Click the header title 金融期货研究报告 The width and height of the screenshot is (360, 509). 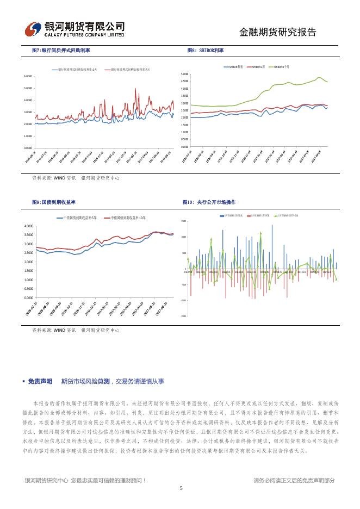[x=277, y=32]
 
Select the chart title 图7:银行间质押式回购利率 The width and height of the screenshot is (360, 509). [x=61, y=50]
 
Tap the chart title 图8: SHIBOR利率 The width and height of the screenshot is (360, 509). [x=205, y=50]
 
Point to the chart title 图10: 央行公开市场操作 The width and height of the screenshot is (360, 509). [x=209, y=202]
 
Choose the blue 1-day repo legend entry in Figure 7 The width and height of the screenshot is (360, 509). [x=76, y=70]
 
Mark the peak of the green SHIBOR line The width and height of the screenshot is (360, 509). [x=319, y=78]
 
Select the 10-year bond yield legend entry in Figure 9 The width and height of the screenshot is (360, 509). [x=128, y=218]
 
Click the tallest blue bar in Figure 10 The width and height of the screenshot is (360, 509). [x=272, y=226]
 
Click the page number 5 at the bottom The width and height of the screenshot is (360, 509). [x=181, y=488]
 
